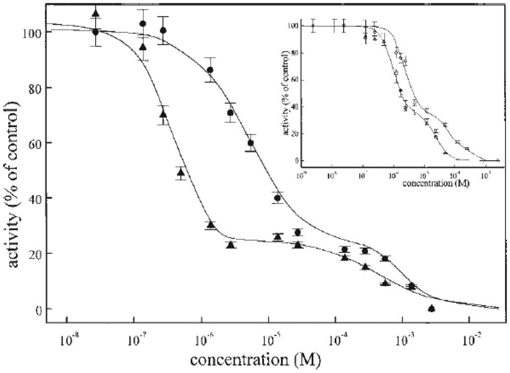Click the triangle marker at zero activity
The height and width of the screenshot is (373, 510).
432,308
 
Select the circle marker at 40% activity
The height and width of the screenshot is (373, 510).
277,198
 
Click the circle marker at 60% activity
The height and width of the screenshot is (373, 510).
251,143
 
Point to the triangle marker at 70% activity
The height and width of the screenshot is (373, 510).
163,114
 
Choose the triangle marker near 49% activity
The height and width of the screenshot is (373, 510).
181,173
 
